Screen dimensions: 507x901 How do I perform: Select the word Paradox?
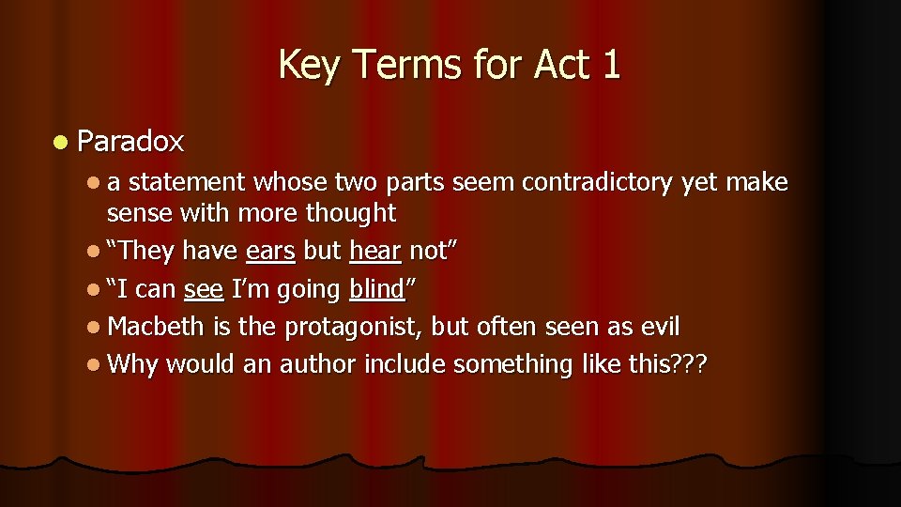pos(130,142)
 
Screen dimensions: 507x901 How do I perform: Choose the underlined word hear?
pos(375,252)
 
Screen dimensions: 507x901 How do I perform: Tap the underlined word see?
pos(204,290)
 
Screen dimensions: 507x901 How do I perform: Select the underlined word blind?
pos(375,290)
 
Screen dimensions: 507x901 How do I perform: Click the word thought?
pos(351,213)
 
